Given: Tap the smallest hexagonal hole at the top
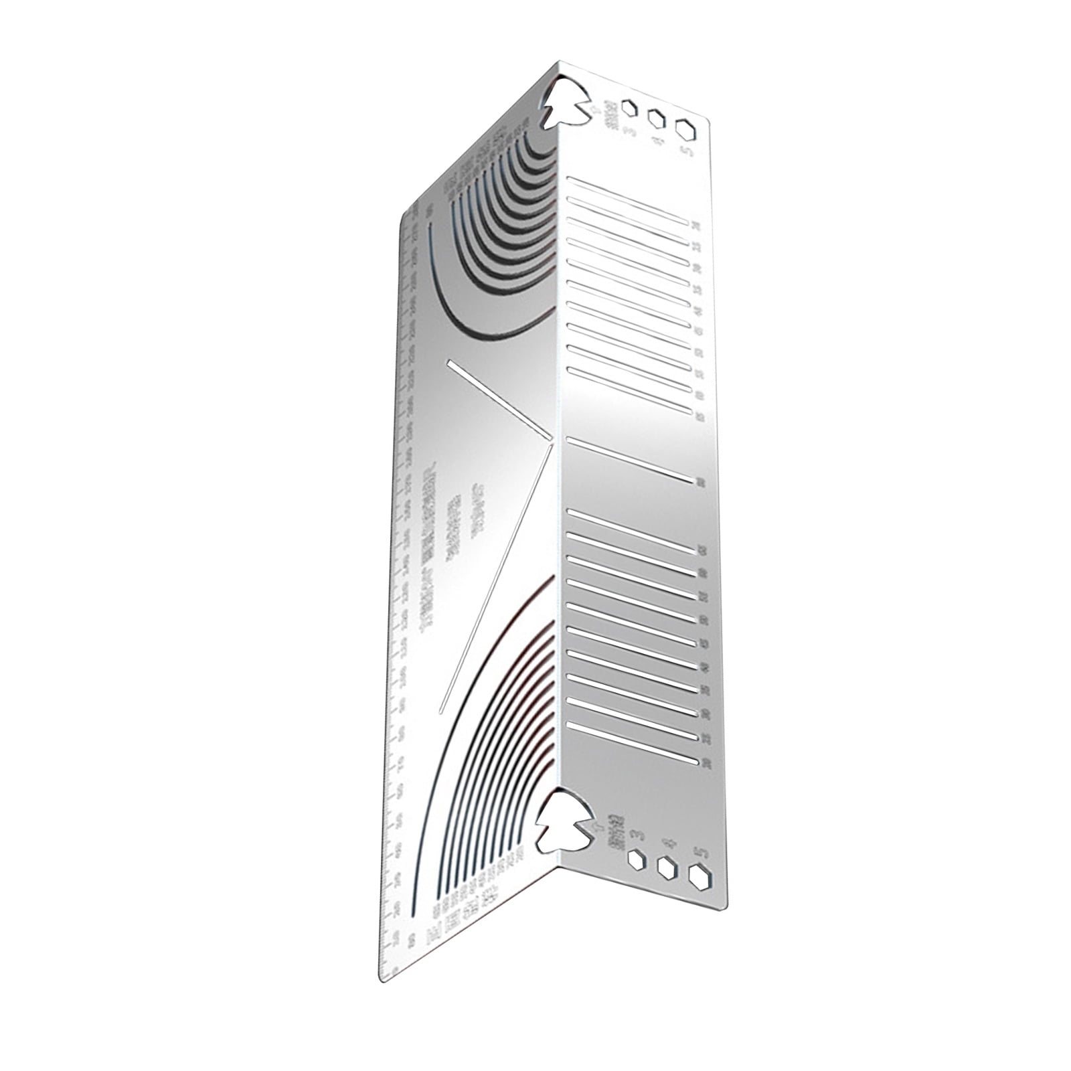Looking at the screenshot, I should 629,108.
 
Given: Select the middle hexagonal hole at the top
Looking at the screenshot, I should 657,119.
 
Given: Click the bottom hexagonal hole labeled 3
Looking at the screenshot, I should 637,859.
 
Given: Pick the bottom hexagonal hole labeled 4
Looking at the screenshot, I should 667,868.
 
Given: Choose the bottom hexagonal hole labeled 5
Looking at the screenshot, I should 699,878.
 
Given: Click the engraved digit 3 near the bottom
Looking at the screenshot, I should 638,835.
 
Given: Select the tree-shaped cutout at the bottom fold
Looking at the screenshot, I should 561,820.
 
